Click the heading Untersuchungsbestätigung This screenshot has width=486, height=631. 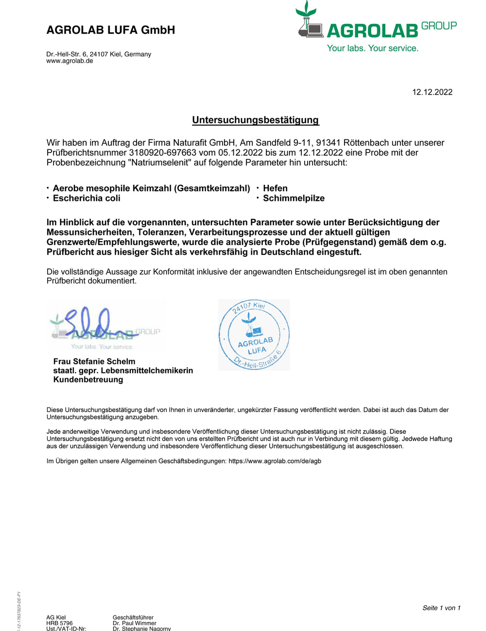(255, 120)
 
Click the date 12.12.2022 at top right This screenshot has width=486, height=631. (432, 92)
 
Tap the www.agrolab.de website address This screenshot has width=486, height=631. (69, 61)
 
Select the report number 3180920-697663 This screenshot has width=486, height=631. (162, 152)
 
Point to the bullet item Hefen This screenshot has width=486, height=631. (275, 188)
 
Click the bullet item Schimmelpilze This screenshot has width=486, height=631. (294, 198)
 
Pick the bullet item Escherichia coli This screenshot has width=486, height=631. (87, 198)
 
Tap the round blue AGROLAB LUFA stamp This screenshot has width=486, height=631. (254, 335)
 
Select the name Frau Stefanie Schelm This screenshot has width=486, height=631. (94, 361)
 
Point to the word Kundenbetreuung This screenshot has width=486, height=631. (88, 380)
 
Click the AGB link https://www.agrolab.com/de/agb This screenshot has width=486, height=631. (275, 461)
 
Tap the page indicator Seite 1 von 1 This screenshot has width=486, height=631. (441, 608)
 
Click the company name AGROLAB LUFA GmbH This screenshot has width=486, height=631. (110, 30)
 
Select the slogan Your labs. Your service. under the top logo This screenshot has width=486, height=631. (372, 48)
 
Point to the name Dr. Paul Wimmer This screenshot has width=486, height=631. (135, 623)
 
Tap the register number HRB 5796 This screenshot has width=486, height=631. (59, 623)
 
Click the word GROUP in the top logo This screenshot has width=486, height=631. (439, 26)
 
